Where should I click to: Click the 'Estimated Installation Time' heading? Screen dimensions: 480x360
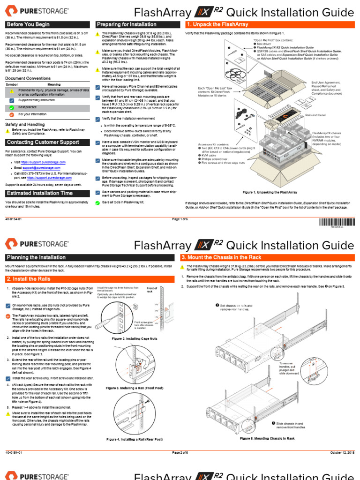click(x=39, y=193)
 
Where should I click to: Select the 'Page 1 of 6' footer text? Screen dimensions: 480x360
click(x=180, y=219)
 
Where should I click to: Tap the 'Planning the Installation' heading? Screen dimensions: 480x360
click(x=36, y=257)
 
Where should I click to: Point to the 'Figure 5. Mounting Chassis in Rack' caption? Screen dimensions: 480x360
click(x=267, y=438)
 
